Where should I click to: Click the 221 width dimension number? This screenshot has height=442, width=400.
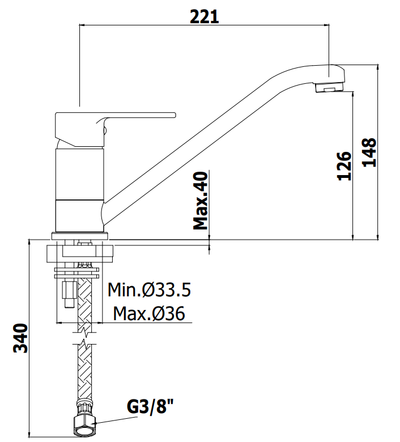tap(204, 16)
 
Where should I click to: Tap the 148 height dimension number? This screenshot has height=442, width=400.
tap(369, 152)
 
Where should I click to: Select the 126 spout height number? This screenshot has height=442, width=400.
tap(344, 165)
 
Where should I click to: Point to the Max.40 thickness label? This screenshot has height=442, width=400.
tap(201, 201)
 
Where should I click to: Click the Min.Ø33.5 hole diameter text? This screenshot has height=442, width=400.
tap(149, 290)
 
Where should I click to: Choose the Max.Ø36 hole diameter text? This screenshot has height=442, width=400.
tap(149, 313)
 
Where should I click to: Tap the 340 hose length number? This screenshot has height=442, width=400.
tap(21, 338)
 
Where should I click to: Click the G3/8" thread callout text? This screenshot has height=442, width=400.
tap(150, 406)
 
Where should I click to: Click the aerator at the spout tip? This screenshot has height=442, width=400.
tap(329, 87)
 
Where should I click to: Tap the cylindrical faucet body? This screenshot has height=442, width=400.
tap(80, 189)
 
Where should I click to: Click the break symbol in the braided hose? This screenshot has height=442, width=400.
tap(84, 338)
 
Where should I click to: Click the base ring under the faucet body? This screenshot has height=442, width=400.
tap(80, 236)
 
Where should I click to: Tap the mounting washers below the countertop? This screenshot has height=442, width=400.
tap(76, 273)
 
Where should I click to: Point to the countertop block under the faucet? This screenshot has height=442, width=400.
tap(80, 253)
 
